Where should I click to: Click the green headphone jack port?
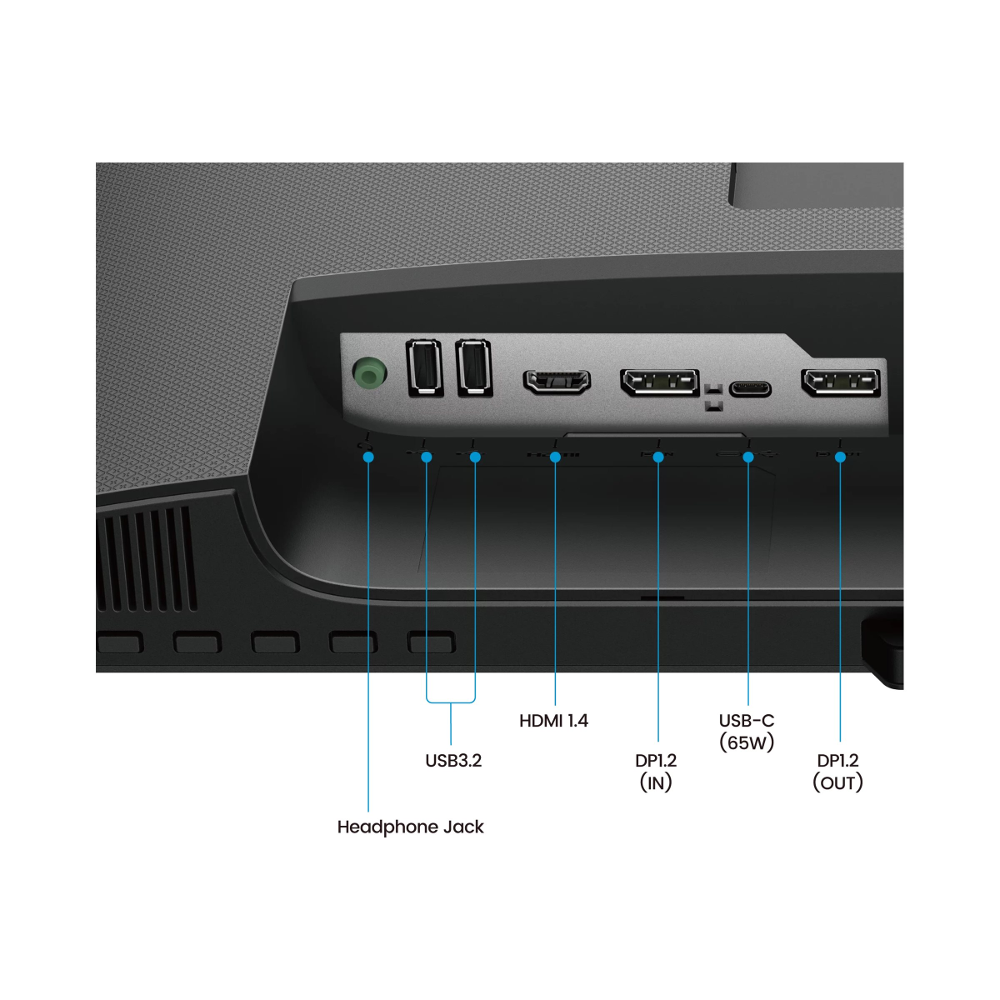click(369, 372)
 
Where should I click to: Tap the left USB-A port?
click(424, 367)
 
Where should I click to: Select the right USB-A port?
click(474, 367)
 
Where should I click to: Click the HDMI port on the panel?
click(557, 382)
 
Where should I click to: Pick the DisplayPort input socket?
click(659, 382)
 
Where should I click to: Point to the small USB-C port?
click(750, 388)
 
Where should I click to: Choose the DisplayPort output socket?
click(840, 382)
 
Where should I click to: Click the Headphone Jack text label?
click(410, 827)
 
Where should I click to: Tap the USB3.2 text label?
click(453, 760)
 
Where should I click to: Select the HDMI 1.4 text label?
click(553, 720)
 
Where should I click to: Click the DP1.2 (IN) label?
click(656, 771)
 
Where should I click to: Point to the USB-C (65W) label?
click(747, 731)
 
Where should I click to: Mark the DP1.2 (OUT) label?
click(837, 771)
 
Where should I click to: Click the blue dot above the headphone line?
click(368, 457)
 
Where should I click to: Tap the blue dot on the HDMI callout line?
click(555, 457)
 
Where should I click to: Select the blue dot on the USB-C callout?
click(748, 457)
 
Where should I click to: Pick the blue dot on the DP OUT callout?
click(840, 457)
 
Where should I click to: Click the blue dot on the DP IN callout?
click(658, 457)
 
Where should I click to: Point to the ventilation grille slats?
click(147, 558)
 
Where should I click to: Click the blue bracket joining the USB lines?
click(451, 702)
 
